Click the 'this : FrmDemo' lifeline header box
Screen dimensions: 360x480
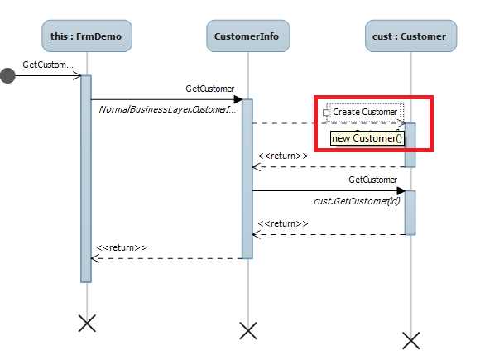[86, 36]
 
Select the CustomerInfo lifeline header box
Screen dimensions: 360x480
[247, 36]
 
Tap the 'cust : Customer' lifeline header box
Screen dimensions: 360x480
[410, 36]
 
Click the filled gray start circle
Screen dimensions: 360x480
[8, 77]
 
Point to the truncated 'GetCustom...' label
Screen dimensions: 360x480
[48, 64]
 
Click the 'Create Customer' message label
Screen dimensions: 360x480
[365, 112]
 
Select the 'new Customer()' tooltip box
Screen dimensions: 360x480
[367, 138]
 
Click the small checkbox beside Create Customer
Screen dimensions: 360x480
[327, 112]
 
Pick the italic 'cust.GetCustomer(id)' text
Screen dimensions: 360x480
[356, 201]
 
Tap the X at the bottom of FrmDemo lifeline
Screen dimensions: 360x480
[86, 324]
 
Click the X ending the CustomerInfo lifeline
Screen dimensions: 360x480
[247, 331]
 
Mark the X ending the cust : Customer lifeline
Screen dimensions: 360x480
[410, 338]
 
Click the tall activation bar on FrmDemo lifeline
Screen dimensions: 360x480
[85, 178]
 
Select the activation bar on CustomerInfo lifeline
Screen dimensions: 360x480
[247, 178]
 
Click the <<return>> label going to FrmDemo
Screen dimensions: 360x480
[122, 247]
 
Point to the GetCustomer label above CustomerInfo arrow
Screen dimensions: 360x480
[210, 88]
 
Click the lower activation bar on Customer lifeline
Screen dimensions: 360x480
[410, 212]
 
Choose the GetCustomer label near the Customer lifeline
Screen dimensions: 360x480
[372, 180]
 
